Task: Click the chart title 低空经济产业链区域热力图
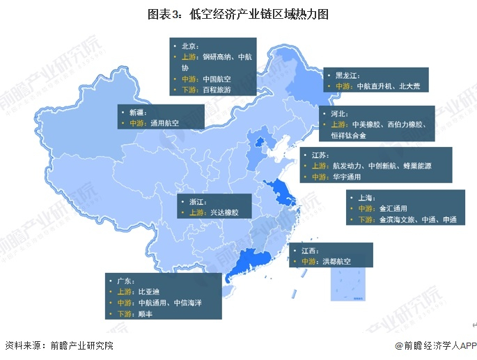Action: pos(238,14)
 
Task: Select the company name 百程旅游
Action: pos(216,91)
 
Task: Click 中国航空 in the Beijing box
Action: pos(216,79)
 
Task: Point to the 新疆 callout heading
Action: pos(137,111)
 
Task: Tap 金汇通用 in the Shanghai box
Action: pos(393,208)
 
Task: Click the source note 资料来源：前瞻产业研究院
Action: pos(59,345)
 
